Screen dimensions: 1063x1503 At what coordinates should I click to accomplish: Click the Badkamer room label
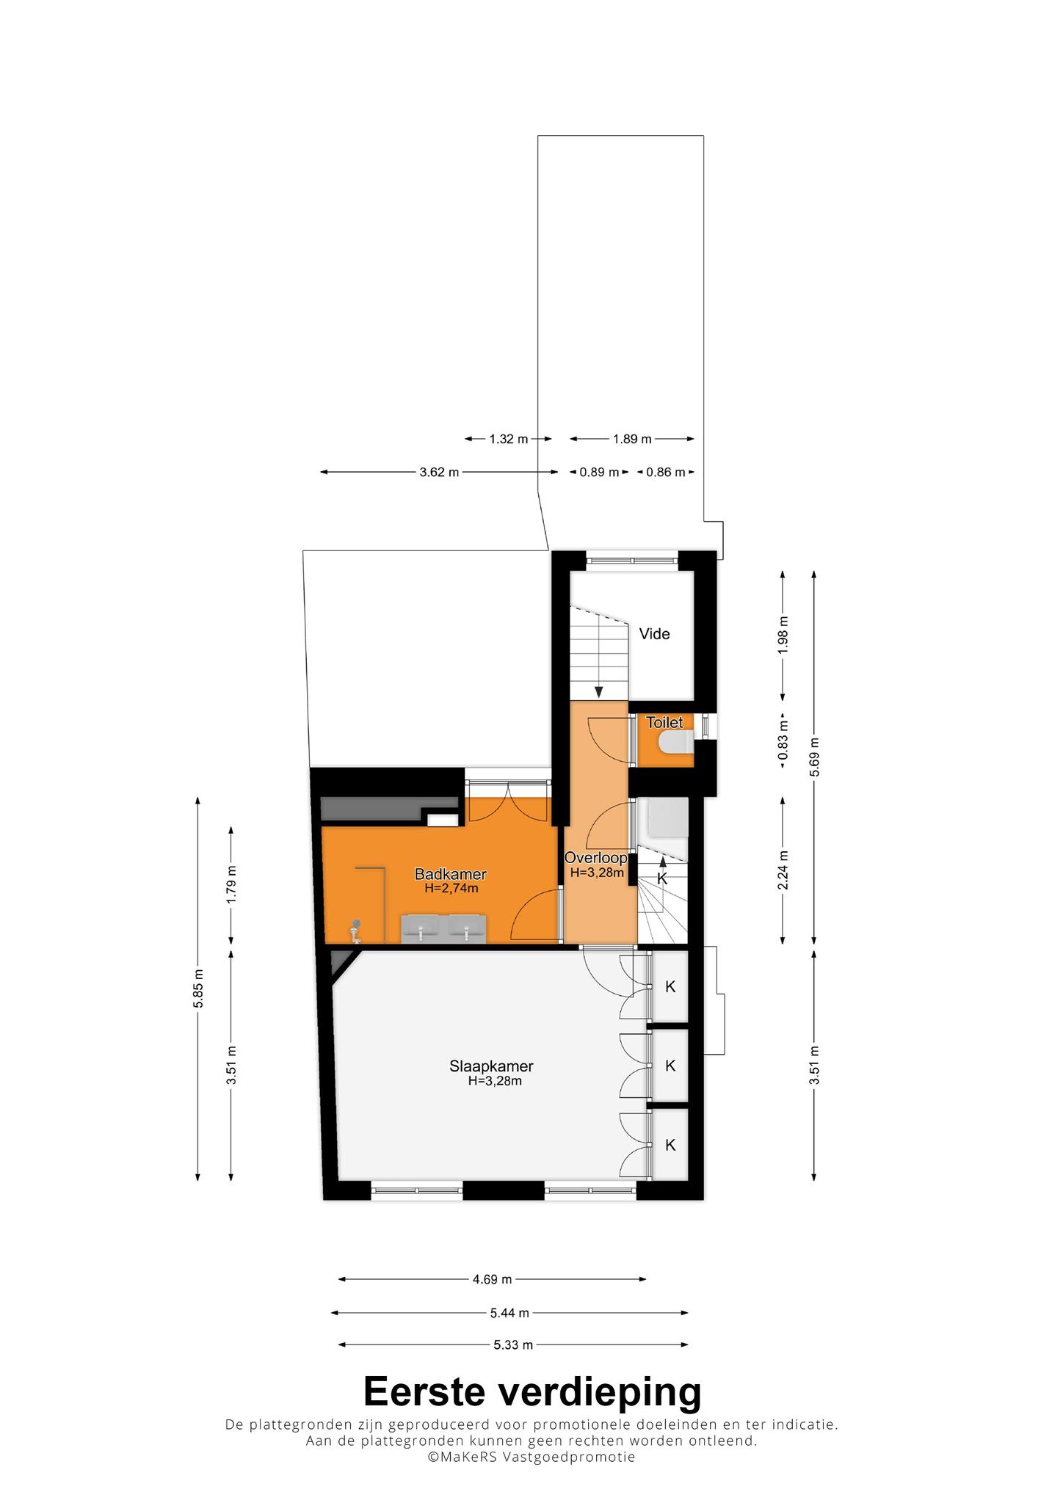click(x=450, y=874)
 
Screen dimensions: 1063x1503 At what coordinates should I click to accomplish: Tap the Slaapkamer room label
click(x=491, y=1066)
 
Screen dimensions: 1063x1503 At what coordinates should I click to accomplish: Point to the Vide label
click(x=654, y=634)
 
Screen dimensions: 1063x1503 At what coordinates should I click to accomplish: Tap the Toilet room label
click(x=664, y=723)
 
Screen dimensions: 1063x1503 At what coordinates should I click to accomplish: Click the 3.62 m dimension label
click(x=439, y=473)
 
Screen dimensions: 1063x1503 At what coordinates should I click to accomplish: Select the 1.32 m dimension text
click(x=509, y=440)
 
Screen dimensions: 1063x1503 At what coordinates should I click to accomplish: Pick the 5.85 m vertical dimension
click(x=198, y=989)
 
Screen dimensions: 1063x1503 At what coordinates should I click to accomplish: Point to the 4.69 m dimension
click(x=492, y=1279)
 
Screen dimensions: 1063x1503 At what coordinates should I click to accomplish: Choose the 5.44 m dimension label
click(x=509, y=1312)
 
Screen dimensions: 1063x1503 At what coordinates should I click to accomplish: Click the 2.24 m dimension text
click(x=783, y=870)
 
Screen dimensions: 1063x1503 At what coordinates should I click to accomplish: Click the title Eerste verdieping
click(x=532, y=1391)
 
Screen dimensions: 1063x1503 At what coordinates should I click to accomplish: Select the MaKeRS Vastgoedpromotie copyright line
click(x=531, y=1457)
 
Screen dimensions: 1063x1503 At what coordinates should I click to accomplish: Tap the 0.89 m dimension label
click(x=600, y=473)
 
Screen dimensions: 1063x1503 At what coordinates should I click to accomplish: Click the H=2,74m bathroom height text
click(x=451, y=889)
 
